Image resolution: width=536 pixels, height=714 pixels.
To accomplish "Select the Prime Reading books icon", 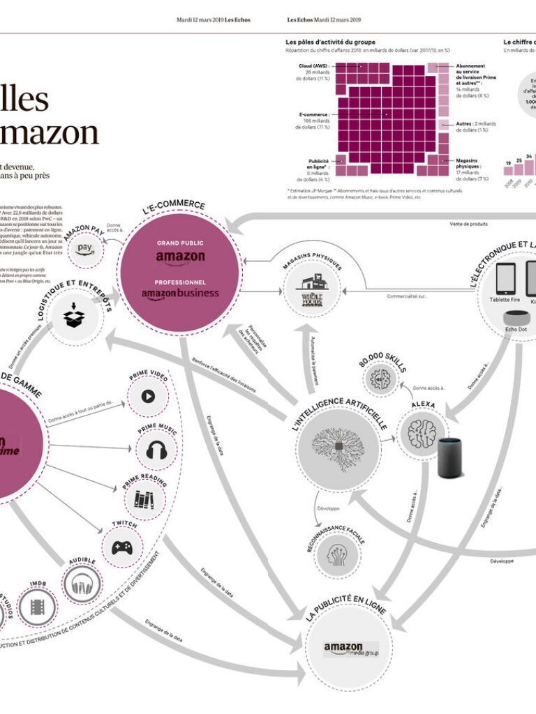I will [144, 499].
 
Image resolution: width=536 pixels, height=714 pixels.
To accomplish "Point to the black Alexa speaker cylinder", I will [451, 457].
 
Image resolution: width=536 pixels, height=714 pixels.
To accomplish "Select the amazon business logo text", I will [180, 294].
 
